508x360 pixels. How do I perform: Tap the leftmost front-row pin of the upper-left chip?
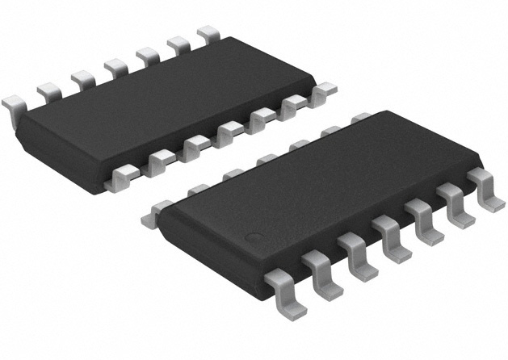coord(125,172)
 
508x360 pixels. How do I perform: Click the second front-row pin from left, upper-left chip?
coord(159,157)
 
